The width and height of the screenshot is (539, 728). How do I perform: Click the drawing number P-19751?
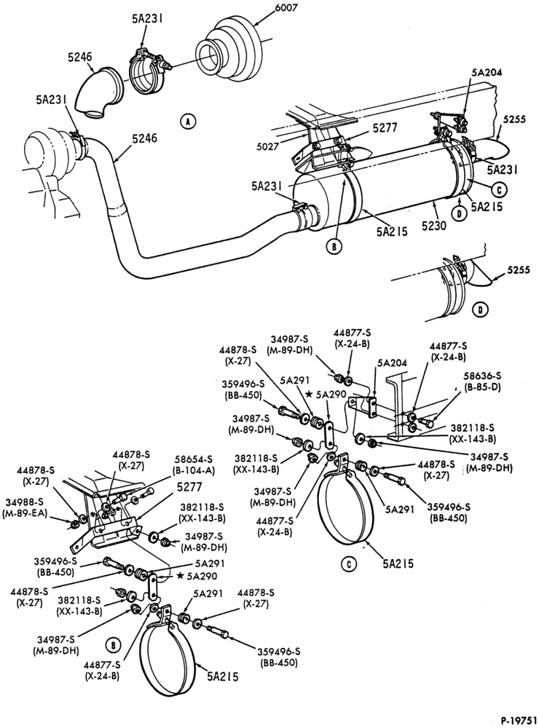(x=519, y=721)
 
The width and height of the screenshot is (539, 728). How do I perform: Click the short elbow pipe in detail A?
(x=100, y=94)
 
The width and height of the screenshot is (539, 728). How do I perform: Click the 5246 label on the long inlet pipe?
(x=144, y=138)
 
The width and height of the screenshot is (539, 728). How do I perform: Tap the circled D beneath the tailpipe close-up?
(x=477, y=309)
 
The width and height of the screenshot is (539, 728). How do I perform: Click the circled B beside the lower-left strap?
(x=112, y=645)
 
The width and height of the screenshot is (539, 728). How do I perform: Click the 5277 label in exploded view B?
(x=189, y=488)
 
